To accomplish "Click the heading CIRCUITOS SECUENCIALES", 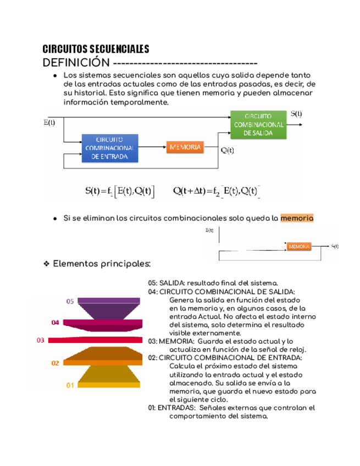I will (x=96, y=49).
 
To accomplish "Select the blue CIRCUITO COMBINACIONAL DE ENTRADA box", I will (x=110, y=148).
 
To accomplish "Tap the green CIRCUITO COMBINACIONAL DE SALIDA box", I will (x=258, y=125).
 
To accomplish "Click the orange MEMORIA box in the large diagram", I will (x=185, y=147).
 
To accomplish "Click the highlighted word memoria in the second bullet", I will (x=297, y=218).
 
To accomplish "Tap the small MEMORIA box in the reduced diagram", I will (x=298, y=247).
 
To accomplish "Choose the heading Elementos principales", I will (x=102, y=264).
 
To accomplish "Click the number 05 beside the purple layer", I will (x=70, y=302).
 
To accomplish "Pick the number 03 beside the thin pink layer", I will (x=41, y=340).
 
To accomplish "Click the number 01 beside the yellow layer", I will (x=70, y=385).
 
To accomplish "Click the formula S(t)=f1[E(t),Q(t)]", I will (x=120, y=191).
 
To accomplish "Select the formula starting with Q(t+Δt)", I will (x=216, y=191).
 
